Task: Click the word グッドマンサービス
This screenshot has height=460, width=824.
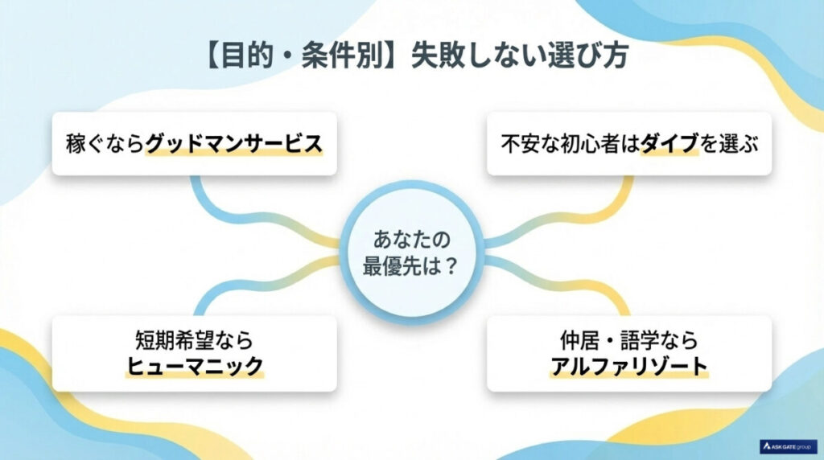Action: point(233,144)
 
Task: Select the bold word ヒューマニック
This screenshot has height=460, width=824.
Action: point(196,368)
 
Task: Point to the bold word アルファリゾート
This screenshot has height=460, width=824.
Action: point(629,367)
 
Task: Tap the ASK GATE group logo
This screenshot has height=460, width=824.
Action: point(789,445)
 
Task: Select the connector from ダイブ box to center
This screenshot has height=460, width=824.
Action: point(579,213)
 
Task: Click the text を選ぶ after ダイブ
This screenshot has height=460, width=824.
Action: point(730,145)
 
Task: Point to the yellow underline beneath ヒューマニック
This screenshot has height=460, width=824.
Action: point(196,378)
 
